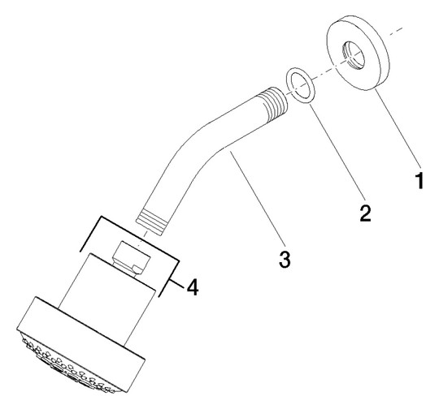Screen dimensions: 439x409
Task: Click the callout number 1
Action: (419, 181)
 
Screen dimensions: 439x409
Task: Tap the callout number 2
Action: (365, 213)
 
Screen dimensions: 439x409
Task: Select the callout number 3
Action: (285, 259)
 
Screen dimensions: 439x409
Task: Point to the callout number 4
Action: (193, 287)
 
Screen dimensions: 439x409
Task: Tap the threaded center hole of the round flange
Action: (354, 56)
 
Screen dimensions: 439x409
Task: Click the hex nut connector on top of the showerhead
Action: (131, 257)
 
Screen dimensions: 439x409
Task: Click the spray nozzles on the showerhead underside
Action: (68, 365)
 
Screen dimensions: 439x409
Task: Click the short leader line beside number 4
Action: (177, 283)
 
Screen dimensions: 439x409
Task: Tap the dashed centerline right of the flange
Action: (395, 32)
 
